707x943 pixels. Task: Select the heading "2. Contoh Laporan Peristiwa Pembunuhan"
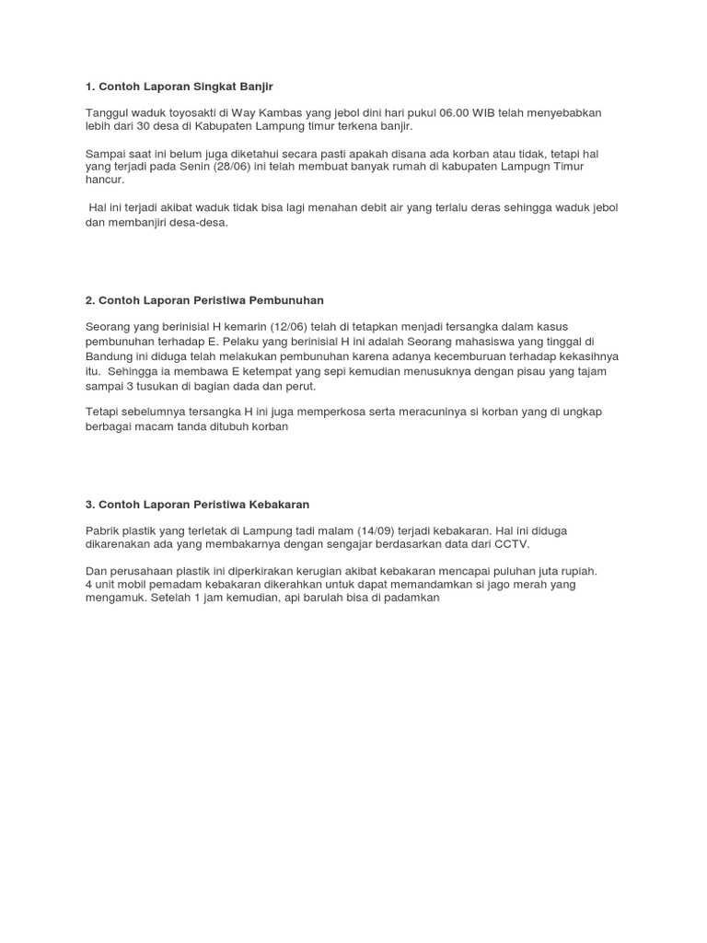point(204,300)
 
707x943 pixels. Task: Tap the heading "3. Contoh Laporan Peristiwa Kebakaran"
point(197,505)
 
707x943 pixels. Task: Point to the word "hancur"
point(104,180)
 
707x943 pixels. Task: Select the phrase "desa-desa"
point(199,222)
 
